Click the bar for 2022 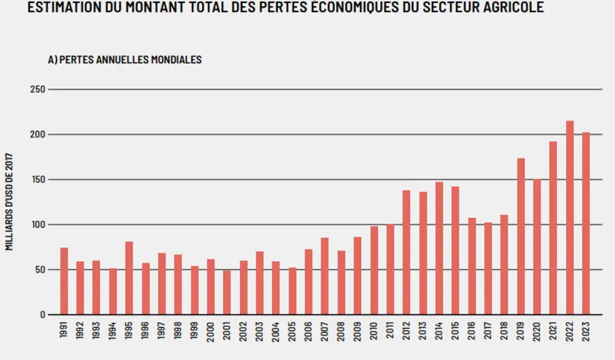tap(569, 217)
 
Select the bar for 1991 tap(64, 281)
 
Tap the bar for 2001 tap(227, 292)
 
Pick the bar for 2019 tap(521, 236)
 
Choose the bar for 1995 tap(129, 278)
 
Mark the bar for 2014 tap(439, 248)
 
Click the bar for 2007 tap(324, 276)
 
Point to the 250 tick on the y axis tap(37, 89)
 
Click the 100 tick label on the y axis tap(37, 225)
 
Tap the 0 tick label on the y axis tap(42, 314)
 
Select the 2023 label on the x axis tap(586, 332)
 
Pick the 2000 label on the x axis tap(210, 332)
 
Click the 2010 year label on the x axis tap(373, 332)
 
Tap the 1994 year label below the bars tap(112, 332)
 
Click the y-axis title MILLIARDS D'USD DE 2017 tap(9, 202)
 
